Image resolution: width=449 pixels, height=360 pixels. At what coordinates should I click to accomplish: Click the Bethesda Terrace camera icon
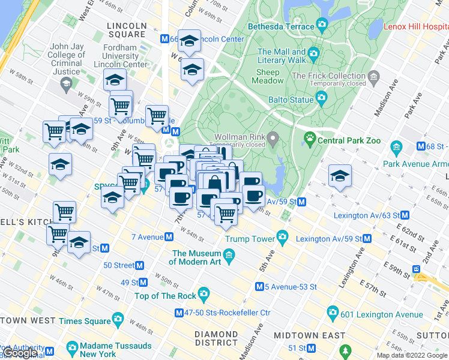click(x=322, y=26)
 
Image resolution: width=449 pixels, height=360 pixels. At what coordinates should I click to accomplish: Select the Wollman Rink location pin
click(x=273, y=140)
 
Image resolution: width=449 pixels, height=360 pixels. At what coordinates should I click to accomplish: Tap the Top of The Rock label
click(x=165, y=296)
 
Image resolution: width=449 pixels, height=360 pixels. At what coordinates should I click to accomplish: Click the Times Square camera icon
click(x=118, y=320)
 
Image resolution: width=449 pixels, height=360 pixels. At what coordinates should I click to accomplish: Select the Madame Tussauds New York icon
click(x=72, y=347)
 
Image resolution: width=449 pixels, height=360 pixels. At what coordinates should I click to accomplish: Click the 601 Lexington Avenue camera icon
click(x=333, y=313)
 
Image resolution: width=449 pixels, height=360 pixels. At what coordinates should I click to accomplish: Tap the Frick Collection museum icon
click(x=374, y=76)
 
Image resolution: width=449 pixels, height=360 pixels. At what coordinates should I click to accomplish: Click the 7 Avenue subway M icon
click(x=170, y=238)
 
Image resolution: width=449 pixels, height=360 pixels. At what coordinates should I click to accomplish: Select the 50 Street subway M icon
click(x=140, y=265)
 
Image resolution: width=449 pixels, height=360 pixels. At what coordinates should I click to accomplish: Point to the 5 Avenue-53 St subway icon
click(x=259, y=287)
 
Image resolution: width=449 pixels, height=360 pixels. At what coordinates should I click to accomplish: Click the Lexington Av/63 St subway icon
click(x=405, y=215)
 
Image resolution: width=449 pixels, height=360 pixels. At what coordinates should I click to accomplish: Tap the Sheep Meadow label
click(x=267, y=76)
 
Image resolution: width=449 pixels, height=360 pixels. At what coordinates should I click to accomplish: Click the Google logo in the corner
click(x=20, y=353)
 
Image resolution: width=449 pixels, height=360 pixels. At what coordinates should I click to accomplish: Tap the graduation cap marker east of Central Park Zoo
click(x=340, y=176)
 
